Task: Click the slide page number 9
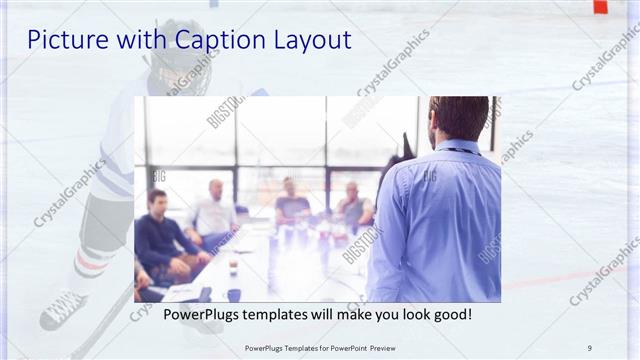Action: (589, 347)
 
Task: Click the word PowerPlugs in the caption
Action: (203, 315)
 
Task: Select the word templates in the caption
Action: (283, 315)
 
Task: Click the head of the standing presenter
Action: (458, 118)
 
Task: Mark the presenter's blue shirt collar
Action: (456, 147)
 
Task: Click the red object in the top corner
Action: (600, 6)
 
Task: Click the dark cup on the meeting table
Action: (233, 294)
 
